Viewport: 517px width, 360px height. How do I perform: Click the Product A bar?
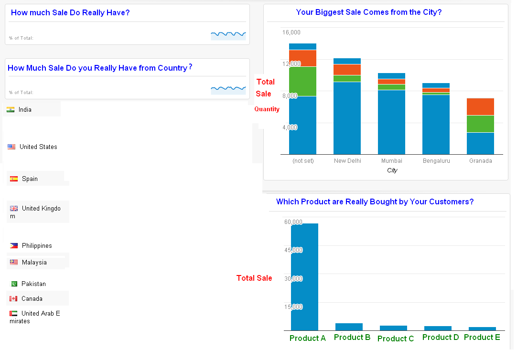304,277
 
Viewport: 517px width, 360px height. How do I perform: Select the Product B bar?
349,327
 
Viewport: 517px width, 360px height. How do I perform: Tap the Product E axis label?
482,337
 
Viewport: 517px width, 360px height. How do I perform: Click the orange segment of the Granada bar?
480,106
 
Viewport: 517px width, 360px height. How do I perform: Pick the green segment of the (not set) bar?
302,81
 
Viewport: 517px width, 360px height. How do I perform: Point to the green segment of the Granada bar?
480,124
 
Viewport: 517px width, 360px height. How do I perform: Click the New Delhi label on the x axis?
347,161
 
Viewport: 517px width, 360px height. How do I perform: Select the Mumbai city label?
391,161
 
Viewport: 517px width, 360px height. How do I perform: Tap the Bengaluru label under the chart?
436,161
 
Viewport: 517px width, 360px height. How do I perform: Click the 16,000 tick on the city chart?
291,32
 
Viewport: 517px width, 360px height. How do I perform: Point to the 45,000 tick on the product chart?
293,250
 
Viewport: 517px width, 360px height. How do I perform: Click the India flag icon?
11,110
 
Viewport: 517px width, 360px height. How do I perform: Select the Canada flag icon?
13,299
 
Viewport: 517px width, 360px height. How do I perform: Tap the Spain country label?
30,179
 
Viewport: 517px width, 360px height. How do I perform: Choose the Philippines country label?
37,246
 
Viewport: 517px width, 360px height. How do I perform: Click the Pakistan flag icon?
14,284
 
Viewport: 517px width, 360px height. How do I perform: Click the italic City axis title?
392,170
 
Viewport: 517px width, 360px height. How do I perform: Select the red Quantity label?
267,109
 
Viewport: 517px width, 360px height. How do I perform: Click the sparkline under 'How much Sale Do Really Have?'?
228,34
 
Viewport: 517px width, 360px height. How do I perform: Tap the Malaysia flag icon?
13,263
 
